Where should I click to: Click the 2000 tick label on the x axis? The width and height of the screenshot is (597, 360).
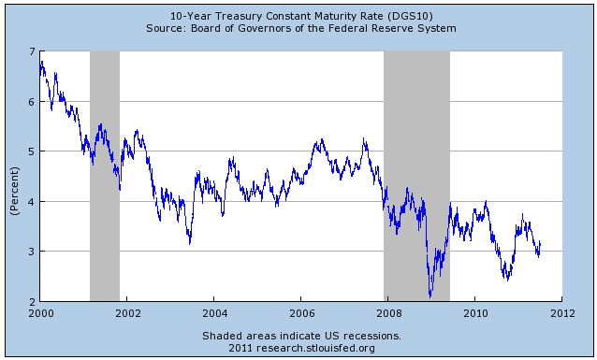pyautogui.click(x=40, y=313)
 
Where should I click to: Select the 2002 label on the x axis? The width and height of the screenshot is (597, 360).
pyautogui.click(x=127, y=313)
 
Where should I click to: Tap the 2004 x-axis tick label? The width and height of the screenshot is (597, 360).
pyautogui.click(x=214, y=313)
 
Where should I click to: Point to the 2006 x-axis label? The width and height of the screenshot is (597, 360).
pyautogui.click(x=301, y=313)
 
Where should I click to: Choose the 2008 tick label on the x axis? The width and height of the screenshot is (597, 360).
pyautogui.click(x=388, y=313)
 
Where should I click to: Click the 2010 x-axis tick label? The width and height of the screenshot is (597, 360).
pyautogui.click(x=475, y=313)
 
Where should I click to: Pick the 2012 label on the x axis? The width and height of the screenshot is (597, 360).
pyautogui.click(x=561, y=313)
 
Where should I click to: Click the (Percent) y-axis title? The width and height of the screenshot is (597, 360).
pyautogui.click(x=14, y=176)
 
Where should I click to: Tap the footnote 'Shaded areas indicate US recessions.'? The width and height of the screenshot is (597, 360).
pyautogui.click(x=300, y=335)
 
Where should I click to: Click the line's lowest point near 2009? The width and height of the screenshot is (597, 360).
pyautogui.click(x=430, y=296)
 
